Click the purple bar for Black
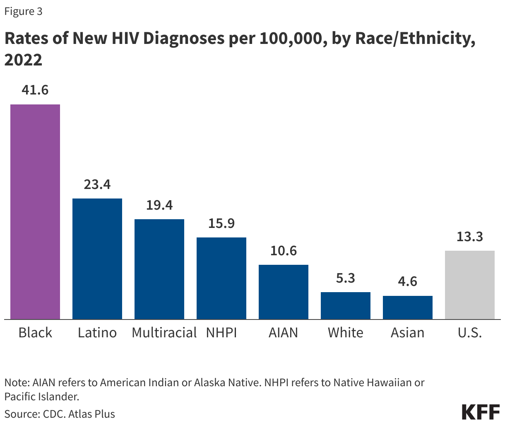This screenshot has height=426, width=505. click(x=35, y=211)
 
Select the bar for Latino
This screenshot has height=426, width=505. click(x=97, y=259)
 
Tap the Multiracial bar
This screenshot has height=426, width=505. click(x=159, y=269)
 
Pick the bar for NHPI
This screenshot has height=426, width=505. click(x=221, y=278)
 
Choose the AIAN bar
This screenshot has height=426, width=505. click(x=284, y=292)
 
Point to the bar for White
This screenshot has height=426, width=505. click(x=346, y=305)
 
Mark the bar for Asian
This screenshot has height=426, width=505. click(x=408, y=307)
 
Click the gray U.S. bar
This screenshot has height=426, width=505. click(x=470, y=285)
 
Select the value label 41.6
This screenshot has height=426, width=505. click(x=35, y=90)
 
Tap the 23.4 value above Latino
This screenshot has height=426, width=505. click(x=97, y=184)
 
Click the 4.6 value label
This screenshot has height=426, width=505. click(x=408, y=281)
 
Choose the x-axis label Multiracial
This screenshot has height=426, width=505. click(x=164, y=332)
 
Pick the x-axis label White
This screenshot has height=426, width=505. click(x=346, y=332)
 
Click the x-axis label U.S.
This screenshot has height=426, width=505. click(x=470, y=332)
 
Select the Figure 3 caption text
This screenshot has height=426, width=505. click(x=23, y=11)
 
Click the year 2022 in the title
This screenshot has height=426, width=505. click(x=23, y=60)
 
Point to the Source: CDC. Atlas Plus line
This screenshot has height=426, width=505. click(x=60, y=414)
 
